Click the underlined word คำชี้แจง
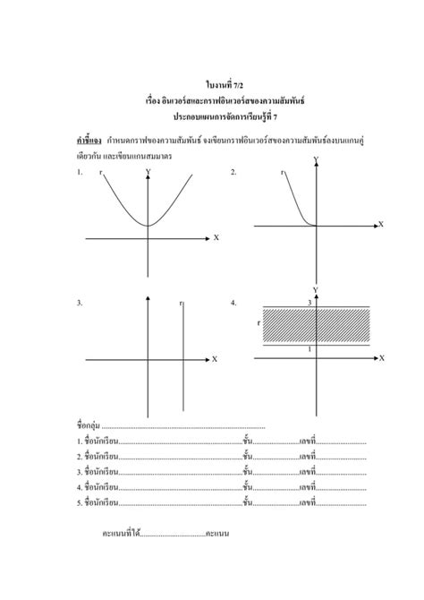(x=89, y=141)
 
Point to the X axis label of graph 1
(x=216, y=238)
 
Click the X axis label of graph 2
(x=380, y=224)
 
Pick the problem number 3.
(x=80, y=304)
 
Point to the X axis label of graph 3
(x=215, y=359)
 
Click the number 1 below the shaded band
(x=310, y=348)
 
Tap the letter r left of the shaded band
(x=259, y=322)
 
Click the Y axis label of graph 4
(x=315, y=290)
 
